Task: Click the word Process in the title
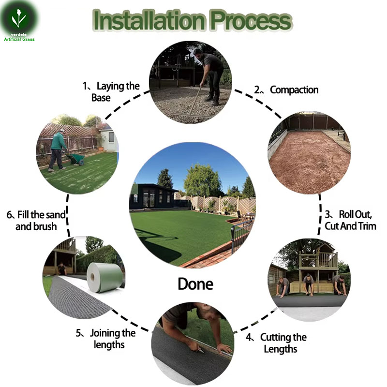(x=251, y=21)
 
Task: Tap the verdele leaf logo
(x=18, y=18)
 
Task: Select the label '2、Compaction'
(x=286, y=90)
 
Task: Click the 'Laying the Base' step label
(x=111, y=92)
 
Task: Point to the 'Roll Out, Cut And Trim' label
(x=350, y=220)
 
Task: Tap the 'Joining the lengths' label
(x=105, y=339)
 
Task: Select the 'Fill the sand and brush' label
(x=36, y=221)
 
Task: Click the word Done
(x=195, y=284)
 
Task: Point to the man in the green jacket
(x=58, y=150)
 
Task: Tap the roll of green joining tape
(x=105, y=277)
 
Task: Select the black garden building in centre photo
(x=153, y=196)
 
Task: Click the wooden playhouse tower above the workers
(x=318, y=267)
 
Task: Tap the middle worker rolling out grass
(x=309, y=284)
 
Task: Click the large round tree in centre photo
(x=202, y=180)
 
